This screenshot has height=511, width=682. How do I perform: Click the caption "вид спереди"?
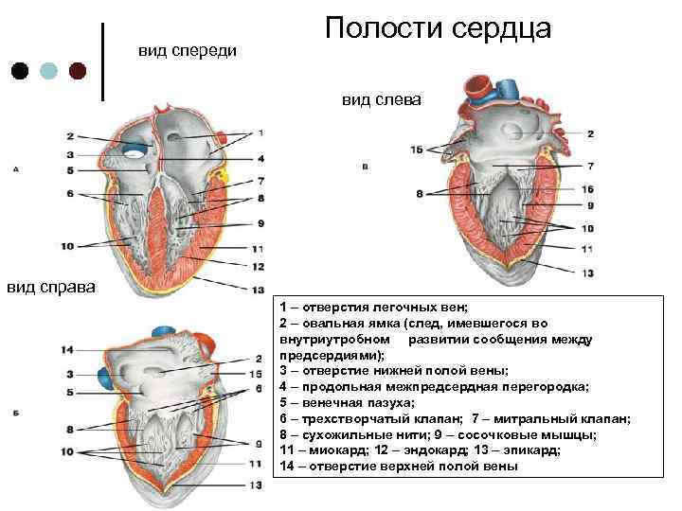pyautogui.click(x=188, y=48)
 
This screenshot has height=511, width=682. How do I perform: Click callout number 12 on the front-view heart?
pyautogui.click(x=258, y=267)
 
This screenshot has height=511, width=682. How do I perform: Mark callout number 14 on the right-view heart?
pyautogui.click(x=66, y=350)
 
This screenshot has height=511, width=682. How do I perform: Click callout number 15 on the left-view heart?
pyautogui.click(x=417, y=150)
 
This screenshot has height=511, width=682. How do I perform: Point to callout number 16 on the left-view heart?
pyautogui.click(x=587, y=189)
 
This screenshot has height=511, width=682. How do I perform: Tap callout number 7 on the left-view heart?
pyautogui.click(x=588, y=166)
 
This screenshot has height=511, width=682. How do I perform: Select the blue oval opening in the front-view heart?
pyautogui.click(x=138, y=150)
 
